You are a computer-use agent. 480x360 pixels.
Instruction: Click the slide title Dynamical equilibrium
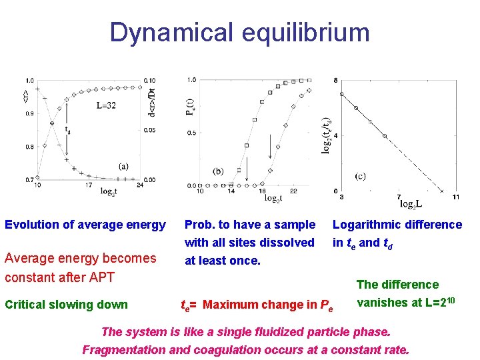point(239,32)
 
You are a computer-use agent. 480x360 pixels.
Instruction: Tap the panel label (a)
point(123,166)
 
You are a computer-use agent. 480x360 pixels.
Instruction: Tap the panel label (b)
point(218,171)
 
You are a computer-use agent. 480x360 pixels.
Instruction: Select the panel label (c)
point(360,176)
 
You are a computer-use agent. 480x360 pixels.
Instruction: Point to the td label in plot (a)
point(67,131)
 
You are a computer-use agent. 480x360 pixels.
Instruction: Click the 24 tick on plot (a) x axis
point(140,185)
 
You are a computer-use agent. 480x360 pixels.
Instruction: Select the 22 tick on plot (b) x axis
point(293,191)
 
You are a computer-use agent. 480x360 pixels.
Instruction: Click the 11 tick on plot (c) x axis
point(455,197)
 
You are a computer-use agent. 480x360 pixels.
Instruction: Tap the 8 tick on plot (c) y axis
point(335,81)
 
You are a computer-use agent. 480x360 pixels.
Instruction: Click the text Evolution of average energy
point(85,225)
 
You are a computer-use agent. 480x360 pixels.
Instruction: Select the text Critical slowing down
point(66,305)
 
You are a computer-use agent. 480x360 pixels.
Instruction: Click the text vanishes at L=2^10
point(405,301)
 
